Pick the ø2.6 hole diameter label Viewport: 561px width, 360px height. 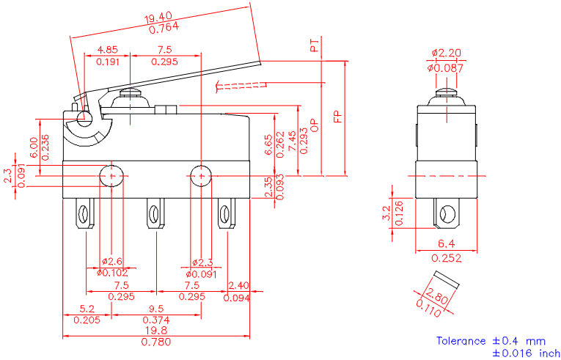point(111,262)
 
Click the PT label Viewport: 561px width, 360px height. point(314,48)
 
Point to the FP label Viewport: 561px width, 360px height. point(338,117)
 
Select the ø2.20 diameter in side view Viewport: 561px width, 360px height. point(445,53)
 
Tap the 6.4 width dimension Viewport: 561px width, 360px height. point(445,243)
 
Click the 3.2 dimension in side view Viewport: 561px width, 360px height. point(386,213)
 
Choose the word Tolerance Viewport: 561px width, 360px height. point(461,340)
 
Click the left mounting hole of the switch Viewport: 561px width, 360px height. point(111,175)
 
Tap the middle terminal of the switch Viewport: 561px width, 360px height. point(154,214)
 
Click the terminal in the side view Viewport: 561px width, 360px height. point(445,214)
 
